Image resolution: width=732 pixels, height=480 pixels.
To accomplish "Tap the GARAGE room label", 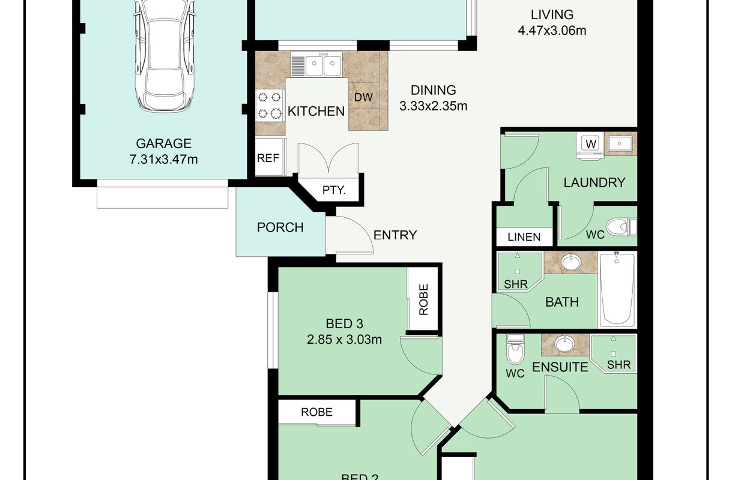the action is coord(163,143).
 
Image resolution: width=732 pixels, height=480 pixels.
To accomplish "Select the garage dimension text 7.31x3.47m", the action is coord(163,160).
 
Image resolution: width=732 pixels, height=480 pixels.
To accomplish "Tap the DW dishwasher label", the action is coord(363,97).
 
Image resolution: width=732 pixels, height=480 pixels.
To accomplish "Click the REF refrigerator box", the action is coord(268,157).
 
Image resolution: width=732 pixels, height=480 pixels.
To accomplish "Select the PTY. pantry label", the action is coord(334,190).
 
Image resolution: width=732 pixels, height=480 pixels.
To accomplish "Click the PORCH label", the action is coord(280,227).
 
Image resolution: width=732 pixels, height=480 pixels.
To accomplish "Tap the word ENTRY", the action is coord(395,235).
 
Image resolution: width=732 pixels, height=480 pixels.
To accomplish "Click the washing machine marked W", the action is coord(590,146).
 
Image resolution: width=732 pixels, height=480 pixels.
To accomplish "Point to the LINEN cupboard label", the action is coord(524,237).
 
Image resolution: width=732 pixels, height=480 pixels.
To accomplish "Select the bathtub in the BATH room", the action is coord(617,289).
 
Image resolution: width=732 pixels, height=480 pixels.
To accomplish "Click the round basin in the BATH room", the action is coord(571,262).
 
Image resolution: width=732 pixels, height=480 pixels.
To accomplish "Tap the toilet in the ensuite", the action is coord(515,349).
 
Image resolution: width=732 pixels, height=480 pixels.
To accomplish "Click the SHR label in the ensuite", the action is coord(619,365).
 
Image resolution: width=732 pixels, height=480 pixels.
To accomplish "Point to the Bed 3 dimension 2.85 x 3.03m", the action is coord(344,340).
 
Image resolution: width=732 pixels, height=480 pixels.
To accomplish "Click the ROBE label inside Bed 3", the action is coord(423,299).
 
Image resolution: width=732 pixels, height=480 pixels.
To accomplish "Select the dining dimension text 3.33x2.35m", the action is coord(434,106).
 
